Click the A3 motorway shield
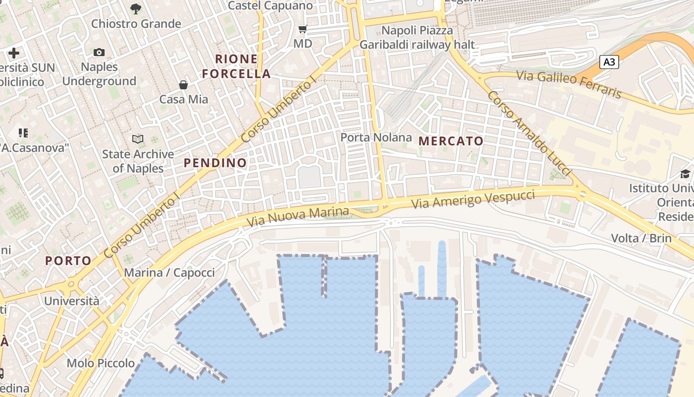click(x=609, y=62)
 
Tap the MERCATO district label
click(x=451, y=141)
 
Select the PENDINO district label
click(x=215, y=163)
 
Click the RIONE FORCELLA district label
click(x=236, y=66)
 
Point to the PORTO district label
click(x=68, y=261)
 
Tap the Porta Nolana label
click(x=376, y=137)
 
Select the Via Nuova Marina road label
click(x=297, y=217)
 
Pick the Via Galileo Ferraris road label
click(x=569, y=84)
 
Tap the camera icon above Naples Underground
click(x=99, y=52)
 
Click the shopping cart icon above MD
click(x=303, y=29)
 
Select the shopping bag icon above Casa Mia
click(x=183, y=85)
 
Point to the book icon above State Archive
click(x=138, y=139)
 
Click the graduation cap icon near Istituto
click(x=685, y=174)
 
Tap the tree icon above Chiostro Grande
click(x=136, y=8)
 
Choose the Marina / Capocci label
click(x=170, y=272)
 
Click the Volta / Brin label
click(x=641, y=238)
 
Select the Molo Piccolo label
click(x=101, y=363)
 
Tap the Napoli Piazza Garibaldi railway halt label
click(x=417, y=38)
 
